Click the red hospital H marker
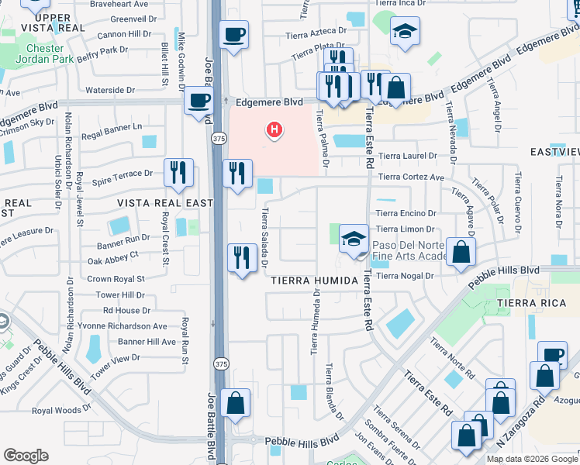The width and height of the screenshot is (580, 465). coord(274,130)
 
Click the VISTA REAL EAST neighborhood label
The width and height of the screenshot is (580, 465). coord(164,203)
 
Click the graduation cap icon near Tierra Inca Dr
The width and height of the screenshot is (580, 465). coord(405,32)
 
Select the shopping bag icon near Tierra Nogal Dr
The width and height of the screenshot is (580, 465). coord(461,252)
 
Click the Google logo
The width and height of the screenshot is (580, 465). coord(26,456)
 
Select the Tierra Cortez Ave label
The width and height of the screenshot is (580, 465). coord(411,177)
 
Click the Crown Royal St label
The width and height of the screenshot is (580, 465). coord(116,279)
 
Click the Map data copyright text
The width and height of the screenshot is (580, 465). coord(532,459)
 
